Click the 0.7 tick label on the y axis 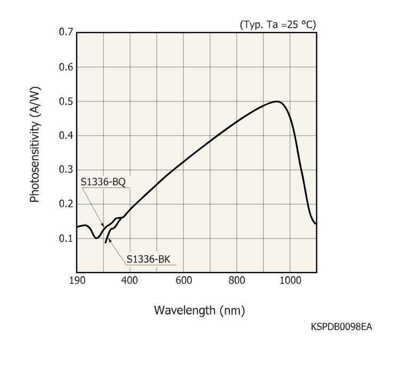pos(65,33)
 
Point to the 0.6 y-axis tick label pos(65,67)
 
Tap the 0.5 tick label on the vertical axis pos(65,101)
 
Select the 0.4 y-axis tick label pos(65,136)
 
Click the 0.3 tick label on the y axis pos(65,170)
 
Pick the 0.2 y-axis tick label pos(65,204)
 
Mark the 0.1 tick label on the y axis pos(65,238)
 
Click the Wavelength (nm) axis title pos(199,311)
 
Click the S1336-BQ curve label pos(103,182)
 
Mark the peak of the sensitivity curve pos(277,101)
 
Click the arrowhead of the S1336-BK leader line pos(109,240)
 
